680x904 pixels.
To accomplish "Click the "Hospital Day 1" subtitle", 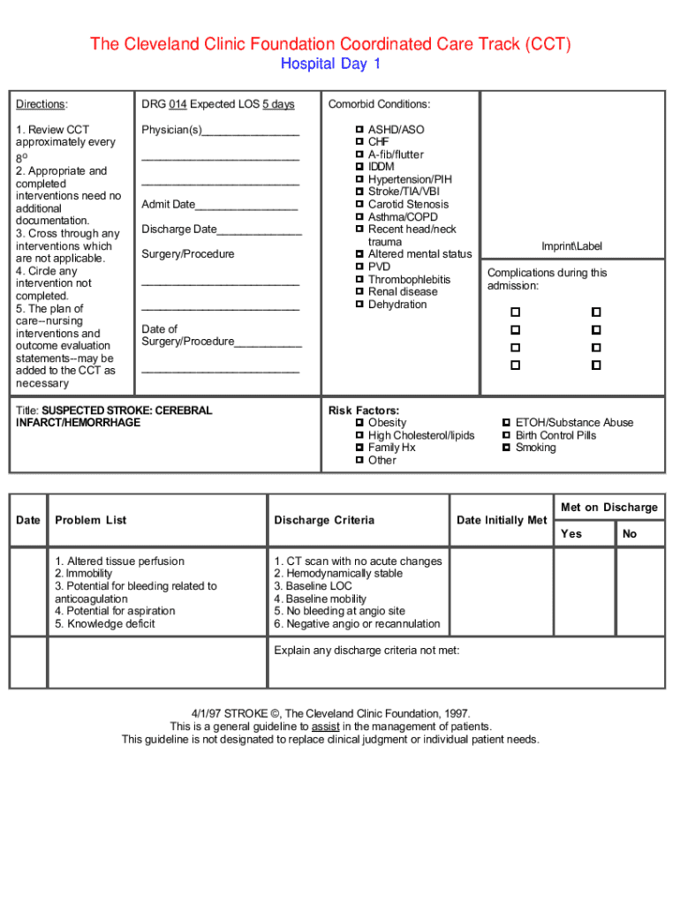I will [330, 64].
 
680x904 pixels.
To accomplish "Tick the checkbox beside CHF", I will [359, 141].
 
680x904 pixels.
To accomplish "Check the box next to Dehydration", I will [359, 304].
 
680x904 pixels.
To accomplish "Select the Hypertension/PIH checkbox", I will [359, 179].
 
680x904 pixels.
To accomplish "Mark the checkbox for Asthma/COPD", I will [359, 216].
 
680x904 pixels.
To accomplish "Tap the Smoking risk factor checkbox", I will [506, 448].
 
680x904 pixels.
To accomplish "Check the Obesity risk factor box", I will [359, 423].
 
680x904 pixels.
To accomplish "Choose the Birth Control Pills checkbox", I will [506, 435].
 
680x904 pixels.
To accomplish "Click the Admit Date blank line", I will [246, 206].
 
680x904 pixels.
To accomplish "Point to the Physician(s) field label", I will [171, 130].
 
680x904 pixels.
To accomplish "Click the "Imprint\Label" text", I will [571, 246].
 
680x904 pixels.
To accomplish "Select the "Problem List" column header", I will [90, 520].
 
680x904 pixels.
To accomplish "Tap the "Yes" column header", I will [571, 533].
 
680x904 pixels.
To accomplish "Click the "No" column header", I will [630, 533].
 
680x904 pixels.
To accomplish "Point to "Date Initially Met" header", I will [502, 520].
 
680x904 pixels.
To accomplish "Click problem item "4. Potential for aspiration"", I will [115, 611].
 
